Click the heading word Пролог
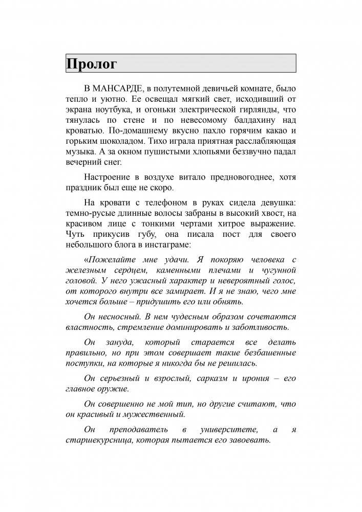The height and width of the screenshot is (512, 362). click(x=92, y=65)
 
